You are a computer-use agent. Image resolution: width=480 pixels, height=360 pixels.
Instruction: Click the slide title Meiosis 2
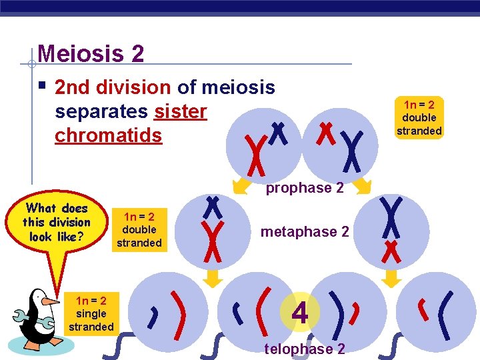pos(91,53)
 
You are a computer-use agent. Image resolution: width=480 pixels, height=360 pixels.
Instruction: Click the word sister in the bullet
pos(180,111)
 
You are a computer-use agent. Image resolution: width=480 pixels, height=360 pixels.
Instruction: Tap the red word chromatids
pos(108,135)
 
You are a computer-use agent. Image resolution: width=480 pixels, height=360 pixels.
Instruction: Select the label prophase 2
pos(305,188)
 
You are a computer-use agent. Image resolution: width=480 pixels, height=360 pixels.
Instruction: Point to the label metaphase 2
pos(305,232)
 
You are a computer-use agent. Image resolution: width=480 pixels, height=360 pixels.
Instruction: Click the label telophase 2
pos(305,349)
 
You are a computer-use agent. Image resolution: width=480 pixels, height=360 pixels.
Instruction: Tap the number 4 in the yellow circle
pos(300,313)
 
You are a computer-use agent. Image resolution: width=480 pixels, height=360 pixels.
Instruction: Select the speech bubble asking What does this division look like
pos(56,222)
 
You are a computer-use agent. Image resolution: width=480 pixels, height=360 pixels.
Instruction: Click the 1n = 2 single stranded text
pos(91,313)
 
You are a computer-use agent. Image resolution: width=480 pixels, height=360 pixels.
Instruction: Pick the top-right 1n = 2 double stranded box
pos(419,117)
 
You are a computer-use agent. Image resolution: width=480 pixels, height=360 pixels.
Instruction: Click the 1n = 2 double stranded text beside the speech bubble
pos(139,229)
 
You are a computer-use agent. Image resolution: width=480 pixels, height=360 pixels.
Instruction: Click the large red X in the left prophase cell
pos(253,151)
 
